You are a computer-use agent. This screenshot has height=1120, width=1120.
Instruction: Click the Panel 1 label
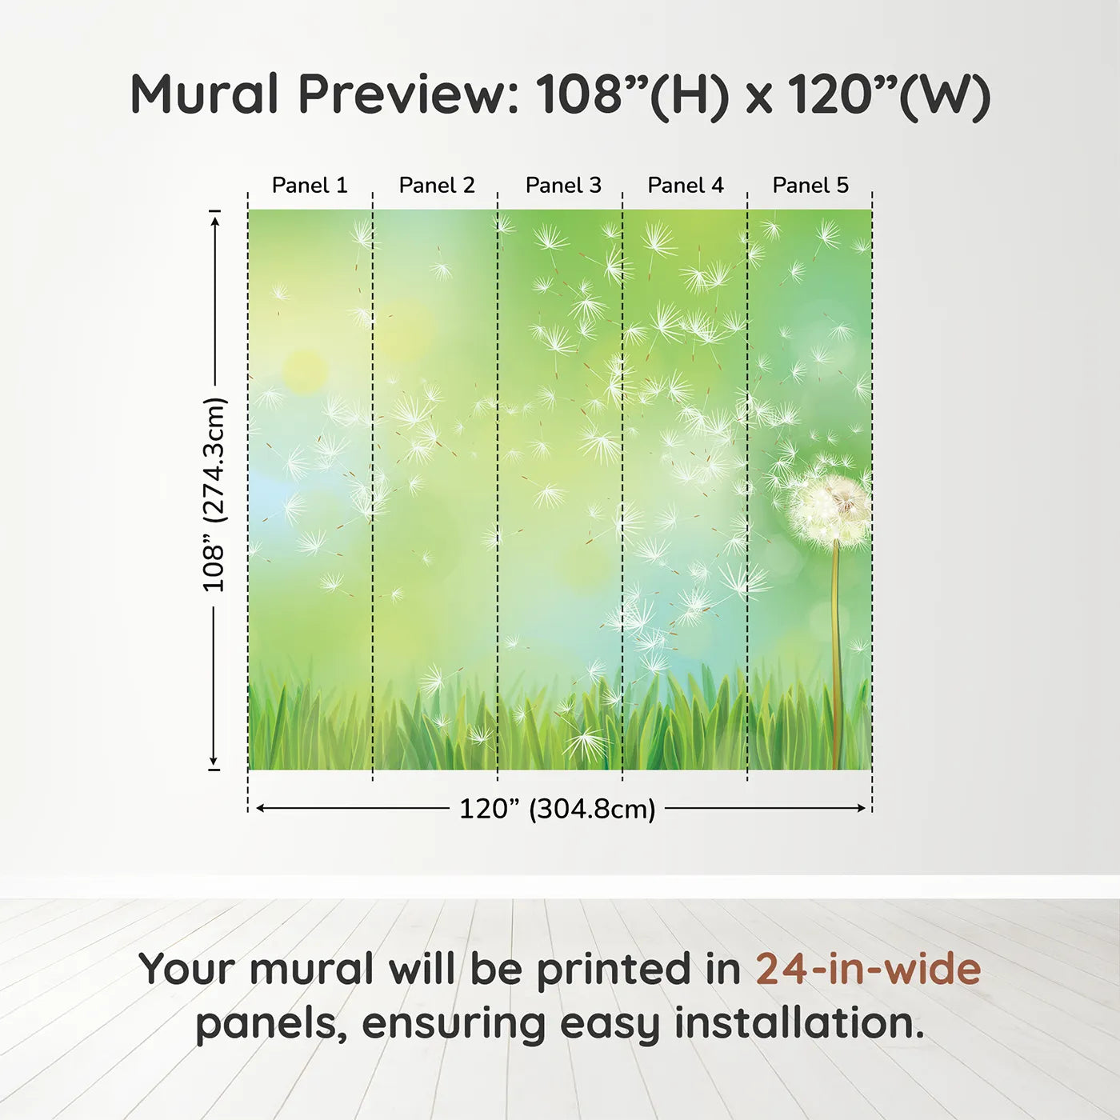310,185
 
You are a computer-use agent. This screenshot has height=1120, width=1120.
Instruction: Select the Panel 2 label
437,185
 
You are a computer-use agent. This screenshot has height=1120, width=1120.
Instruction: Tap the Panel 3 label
563,185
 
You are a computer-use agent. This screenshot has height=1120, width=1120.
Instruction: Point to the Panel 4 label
686,185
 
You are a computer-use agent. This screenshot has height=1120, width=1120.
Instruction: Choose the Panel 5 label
810,185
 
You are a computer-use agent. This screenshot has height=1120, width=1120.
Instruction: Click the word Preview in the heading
409,94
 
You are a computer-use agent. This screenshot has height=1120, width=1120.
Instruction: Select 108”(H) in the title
632,94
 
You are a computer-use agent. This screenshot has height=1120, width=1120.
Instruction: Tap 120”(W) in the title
889,94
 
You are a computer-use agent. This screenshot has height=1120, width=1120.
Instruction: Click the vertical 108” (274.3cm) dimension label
214,494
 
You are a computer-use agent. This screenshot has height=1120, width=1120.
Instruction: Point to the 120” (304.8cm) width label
557,809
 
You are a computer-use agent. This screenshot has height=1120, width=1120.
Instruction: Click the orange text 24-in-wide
868,969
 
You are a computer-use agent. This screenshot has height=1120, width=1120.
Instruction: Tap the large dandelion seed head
829,508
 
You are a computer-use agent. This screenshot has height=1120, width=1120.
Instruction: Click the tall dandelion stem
837,656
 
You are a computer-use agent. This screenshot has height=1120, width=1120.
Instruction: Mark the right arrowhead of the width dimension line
862,808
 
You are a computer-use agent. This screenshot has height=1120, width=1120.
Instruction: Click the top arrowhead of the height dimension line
214,220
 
